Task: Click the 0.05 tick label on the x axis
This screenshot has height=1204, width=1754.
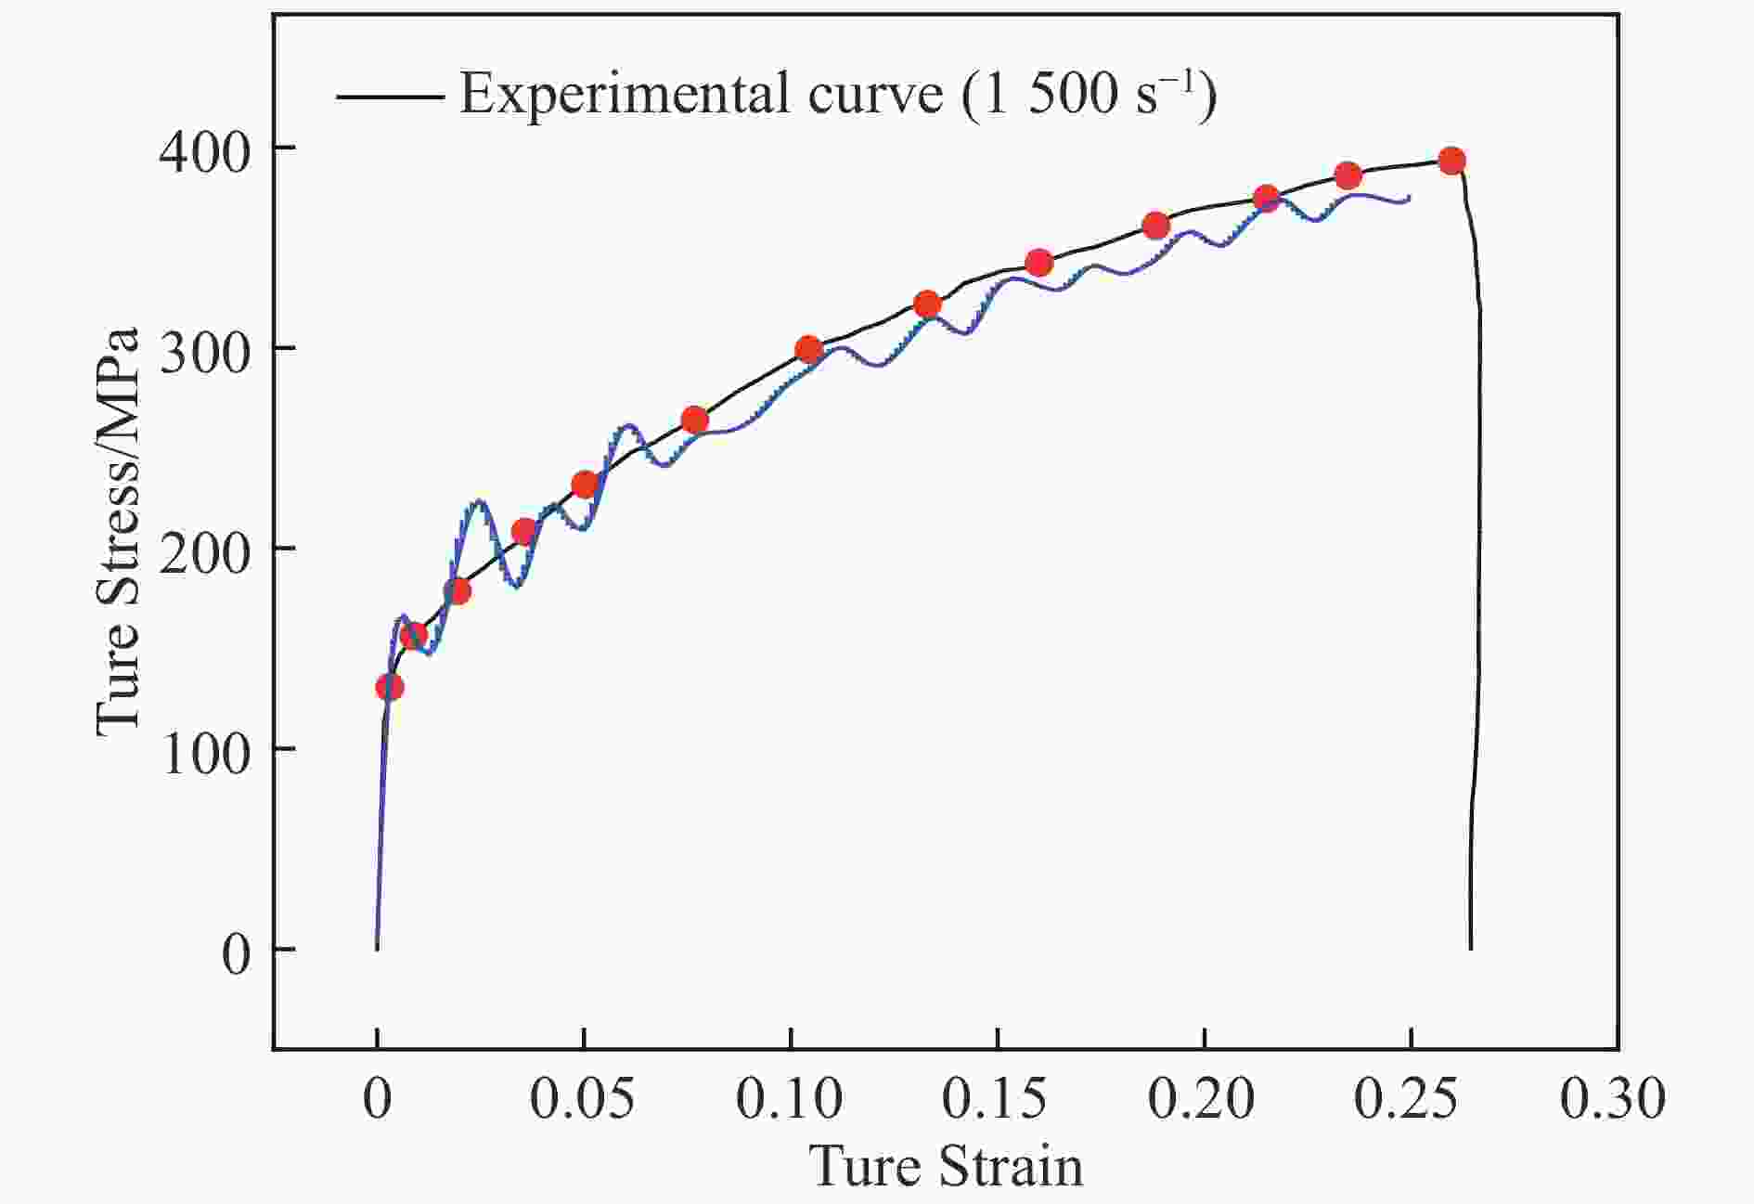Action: [583, 1100]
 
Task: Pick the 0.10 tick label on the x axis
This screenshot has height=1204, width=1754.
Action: [790, 1100]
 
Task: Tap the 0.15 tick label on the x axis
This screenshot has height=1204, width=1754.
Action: [996, 1100]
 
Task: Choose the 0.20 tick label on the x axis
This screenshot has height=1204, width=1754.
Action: [1203, 1100]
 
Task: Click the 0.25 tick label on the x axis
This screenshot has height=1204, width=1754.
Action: [1409, 1100]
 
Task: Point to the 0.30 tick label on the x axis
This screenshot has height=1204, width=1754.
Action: [1614, 1100]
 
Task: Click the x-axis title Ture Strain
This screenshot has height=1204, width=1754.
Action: [947, 1166]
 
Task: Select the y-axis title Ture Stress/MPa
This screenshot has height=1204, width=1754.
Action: [119, 532]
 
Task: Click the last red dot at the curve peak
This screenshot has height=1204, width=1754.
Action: [1451, 162]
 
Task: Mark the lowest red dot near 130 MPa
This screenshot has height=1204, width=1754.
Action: [390, 688]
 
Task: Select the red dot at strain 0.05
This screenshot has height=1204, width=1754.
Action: [584, 485]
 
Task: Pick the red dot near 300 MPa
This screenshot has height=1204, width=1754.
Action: [809, 350]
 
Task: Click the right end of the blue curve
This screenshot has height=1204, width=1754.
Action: [1410, 197]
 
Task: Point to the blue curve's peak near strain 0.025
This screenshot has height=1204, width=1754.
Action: [479, 502]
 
